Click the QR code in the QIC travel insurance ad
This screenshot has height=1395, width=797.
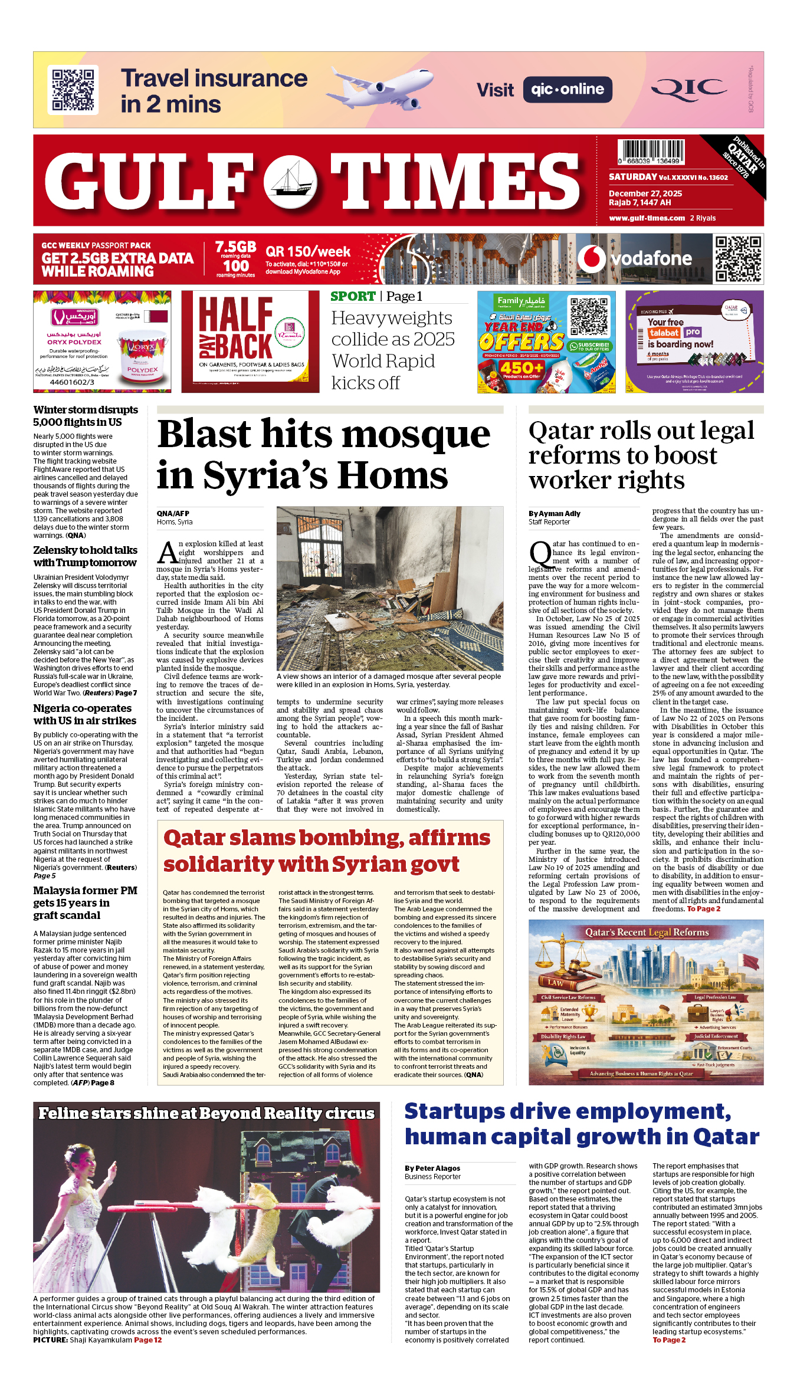pos(73,90)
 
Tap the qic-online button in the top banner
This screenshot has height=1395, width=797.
pos(567,90)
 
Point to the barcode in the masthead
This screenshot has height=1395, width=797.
pos(651,152)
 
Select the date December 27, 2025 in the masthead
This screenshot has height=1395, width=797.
pos(645,193)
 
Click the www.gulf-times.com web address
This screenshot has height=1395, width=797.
pos(647,218)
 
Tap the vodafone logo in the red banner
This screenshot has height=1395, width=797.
pos(634,258)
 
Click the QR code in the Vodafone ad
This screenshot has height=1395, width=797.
pos(737,258)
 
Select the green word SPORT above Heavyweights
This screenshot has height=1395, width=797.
pos(353,297)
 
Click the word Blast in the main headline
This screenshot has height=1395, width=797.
pos(204,435)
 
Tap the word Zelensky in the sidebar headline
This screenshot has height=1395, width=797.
pos(55,550)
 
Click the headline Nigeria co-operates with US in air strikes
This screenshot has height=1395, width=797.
pos(84,714)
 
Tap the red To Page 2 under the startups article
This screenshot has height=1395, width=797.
pos(669,1340)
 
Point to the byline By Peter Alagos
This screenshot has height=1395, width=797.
pos(432,1168)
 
